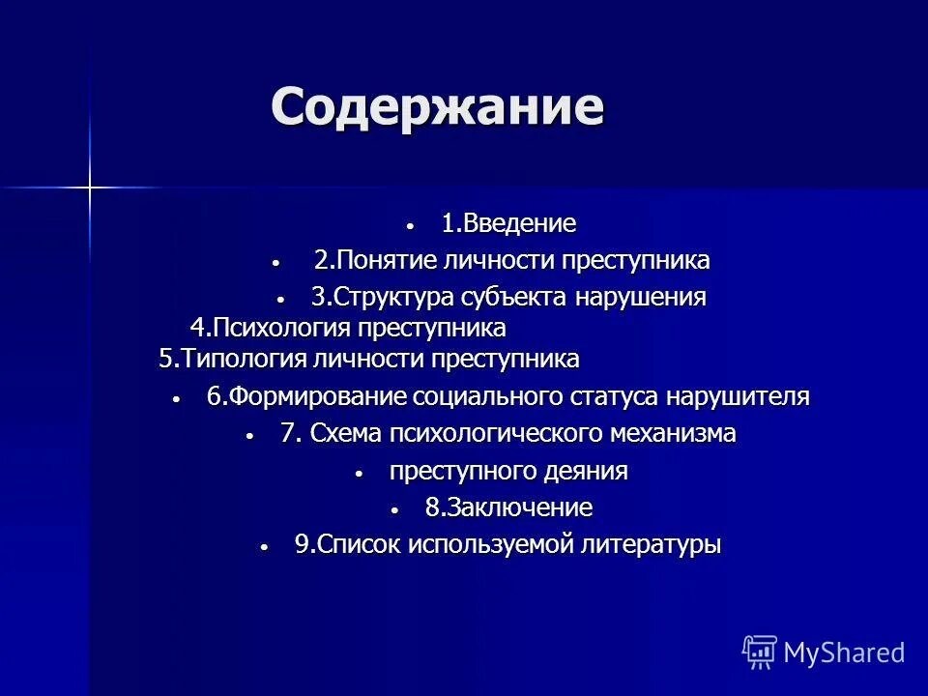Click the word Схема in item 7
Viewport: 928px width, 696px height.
[346, 434]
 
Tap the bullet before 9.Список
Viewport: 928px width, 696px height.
[263, 546]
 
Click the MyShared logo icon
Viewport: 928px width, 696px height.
[759, 652]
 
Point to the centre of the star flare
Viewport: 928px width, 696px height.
[89, 186]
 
